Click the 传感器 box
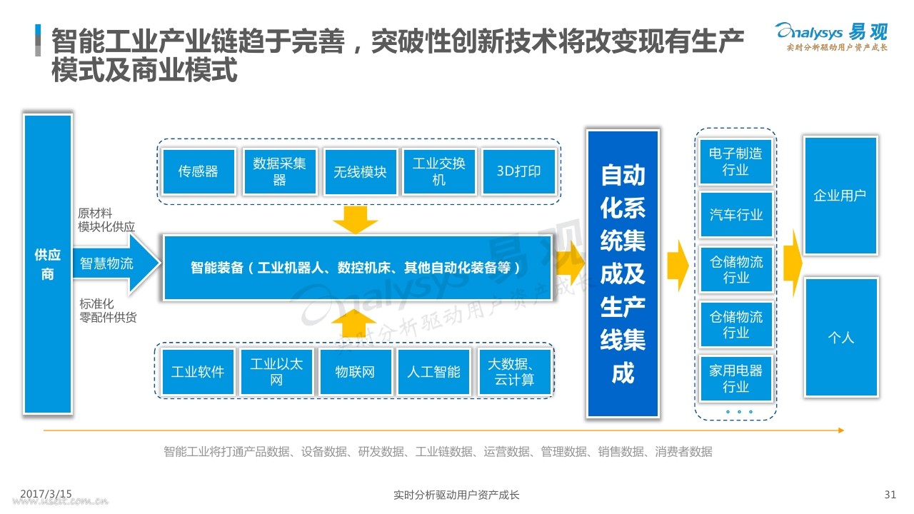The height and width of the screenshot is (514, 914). point(199,171)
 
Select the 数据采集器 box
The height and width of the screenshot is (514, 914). point(279,171)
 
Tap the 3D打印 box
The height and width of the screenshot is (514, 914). point(518,171)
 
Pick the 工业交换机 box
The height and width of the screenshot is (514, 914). point(439,171)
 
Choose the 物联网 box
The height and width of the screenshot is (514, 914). point(356,372)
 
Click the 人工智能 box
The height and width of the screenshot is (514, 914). point(433,372)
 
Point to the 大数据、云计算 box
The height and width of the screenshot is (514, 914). point(515,372)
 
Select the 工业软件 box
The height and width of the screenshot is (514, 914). point(198,372)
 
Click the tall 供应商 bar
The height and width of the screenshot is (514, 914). point(48,264)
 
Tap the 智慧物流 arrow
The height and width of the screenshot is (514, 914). point(116,263)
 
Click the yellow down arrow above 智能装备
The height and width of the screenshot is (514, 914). point(355,219)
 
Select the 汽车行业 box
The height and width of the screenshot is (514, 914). point(735,215)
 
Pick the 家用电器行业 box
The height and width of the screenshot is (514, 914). point(735,378)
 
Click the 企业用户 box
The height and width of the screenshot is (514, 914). point(840,196)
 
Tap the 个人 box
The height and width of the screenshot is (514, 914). point(841,337)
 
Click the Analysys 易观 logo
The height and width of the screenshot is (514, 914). point(831,36)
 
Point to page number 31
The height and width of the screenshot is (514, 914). point(890,495)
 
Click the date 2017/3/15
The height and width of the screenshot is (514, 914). point(46,494)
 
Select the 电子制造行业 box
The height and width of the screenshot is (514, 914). point(735,161)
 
